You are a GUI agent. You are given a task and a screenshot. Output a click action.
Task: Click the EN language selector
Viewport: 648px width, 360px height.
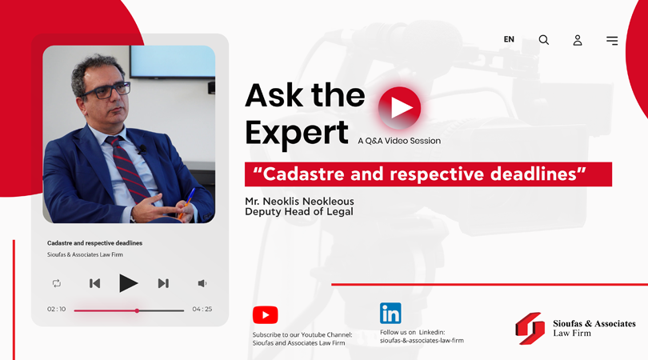[509, 39]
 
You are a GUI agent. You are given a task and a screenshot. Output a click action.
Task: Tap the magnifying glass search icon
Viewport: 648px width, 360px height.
[544, 40]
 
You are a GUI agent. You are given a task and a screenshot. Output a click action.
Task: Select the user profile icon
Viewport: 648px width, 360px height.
[578, 40]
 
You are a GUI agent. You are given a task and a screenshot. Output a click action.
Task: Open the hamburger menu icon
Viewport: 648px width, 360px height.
[612, 41]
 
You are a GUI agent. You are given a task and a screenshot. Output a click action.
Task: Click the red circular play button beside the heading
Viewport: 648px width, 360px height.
[400, 108]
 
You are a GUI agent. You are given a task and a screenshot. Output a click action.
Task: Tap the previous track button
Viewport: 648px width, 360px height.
[94, 283]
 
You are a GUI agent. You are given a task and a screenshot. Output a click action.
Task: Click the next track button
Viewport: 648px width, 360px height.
[163, 283]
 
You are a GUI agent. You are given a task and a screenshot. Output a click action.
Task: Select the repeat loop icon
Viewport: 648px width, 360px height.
[57, 283]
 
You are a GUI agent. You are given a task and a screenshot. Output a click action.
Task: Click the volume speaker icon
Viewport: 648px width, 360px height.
[202, 283]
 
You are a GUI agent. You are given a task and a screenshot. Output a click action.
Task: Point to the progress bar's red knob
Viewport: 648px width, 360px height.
[137, 310]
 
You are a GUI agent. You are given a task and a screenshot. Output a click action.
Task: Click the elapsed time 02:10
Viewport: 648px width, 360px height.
[56, 309]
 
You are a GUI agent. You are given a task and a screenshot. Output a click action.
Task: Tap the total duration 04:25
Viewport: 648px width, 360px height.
[202, 309]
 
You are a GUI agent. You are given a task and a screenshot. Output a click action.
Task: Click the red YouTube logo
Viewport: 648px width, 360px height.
[266, 315]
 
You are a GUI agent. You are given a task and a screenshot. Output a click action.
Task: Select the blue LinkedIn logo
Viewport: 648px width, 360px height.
[390, 314]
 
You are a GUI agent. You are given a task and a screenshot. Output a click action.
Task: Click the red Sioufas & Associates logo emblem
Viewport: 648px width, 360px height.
[530, 329]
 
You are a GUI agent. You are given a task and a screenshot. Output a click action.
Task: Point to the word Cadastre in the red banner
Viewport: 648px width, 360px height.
[304, 174]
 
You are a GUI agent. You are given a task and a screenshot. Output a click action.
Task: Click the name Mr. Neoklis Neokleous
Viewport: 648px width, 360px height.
[300, 202]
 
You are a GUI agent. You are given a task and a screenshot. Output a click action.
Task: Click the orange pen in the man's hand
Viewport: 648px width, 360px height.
[186, 203]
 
